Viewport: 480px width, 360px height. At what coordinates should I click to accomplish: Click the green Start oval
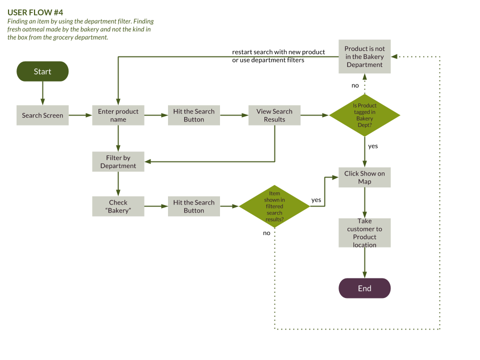click(x=42, y=71)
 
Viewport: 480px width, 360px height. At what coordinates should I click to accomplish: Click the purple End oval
click(x=364, y=288)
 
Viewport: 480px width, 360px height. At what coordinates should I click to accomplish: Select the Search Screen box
click(x=42, y=115)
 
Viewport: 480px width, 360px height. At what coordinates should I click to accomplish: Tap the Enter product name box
click(x=118, y=115)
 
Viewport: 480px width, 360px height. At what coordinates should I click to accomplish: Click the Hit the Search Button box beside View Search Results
click(x=194, y=115)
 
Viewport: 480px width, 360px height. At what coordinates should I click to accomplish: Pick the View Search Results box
click(x=274, y=115)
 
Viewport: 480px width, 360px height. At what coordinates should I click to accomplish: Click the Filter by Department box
click(x=118, y=161)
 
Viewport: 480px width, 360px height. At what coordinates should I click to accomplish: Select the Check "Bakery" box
click(x=118, y=206)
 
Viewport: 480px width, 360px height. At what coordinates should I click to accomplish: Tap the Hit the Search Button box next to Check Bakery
click(x=194, y=206)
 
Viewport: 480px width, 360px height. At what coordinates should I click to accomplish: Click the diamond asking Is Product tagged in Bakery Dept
click(x=364, y=115)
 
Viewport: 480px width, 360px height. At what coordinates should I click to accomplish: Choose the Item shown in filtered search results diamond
click(x=274, y=206)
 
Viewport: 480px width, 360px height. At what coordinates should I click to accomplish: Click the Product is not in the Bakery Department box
click(x=364, y=56)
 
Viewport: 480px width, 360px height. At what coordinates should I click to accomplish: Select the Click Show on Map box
click(x=364, y=177)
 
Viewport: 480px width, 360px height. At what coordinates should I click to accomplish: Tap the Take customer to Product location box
click(x=364, y=232)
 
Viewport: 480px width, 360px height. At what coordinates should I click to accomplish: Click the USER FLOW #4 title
click(x=35, y=12)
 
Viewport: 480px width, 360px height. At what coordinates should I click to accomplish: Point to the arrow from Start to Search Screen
click(x=42, y=93)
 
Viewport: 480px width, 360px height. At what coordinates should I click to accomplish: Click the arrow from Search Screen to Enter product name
click(x=80, y=115)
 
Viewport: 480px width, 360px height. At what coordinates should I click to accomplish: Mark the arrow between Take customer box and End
click(x=364, y=262)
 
